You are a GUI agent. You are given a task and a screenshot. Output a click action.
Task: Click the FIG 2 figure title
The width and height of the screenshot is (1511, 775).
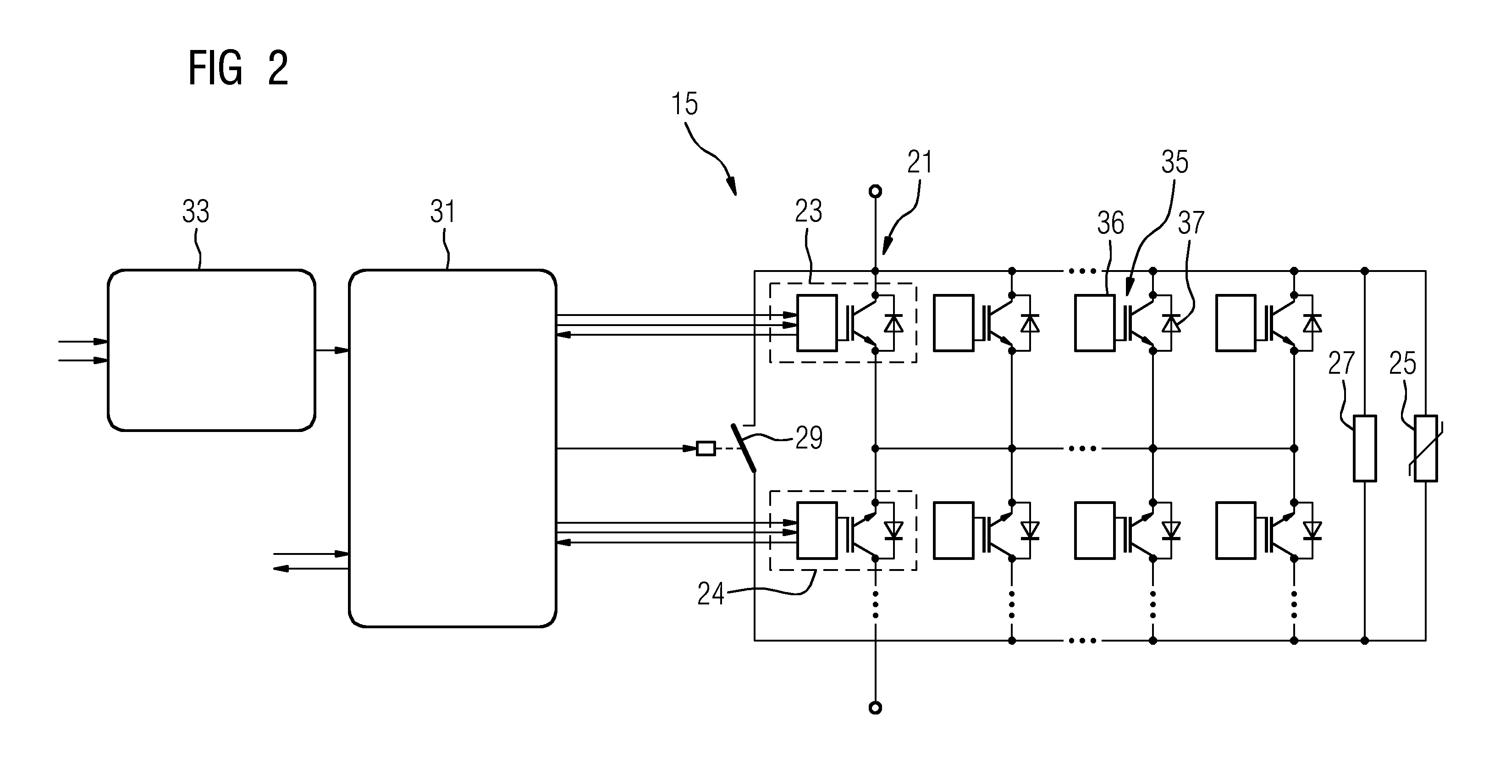[238, 69]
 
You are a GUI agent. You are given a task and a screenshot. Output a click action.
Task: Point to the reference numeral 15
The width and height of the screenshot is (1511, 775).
[684, 105]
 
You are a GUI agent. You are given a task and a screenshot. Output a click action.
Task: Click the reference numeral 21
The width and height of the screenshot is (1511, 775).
[919, 162]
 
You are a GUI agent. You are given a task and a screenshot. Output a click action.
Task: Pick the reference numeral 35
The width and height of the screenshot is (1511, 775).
[1175, 162]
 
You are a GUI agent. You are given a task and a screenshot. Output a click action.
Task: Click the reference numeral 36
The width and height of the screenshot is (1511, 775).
[1110, 223]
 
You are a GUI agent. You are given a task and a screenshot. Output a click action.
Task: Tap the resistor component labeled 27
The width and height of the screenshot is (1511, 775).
[1365, 448]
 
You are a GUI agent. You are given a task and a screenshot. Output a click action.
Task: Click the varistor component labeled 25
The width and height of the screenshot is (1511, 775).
[1425, 448]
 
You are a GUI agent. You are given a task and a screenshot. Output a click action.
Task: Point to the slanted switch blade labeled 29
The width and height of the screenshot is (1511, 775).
[743, 448]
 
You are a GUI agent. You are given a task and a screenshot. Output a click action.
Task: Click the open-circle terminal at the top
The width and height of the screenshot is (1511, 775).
[875, 191]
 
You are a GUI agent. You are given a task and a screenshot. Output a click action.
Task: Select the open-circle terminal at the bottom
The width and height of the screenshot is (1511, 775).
[875, 708]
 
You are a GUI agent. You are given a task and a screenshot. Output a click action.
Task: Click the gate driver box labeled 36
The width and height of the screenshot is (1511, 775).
[1095, 323]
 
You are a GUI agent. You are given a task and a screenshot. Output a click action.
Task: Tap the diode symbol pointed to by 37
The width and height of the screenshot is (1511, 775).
[1171, 323]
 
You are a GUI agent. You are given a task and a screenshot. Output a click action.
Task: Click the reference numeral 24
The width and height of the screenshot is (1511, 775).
[710, 594]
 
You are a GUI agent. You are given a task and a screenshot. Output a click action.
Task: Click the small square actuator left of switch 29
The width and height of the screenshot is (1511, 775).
[706, 449]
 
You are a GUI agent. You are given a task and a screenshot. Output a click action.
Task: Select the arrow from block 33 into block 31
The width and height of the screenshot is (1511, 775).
[332, 350]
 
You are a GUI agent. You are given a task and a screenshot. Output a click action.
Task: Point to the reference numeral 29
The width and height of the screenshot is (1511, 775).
[809, 437]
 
